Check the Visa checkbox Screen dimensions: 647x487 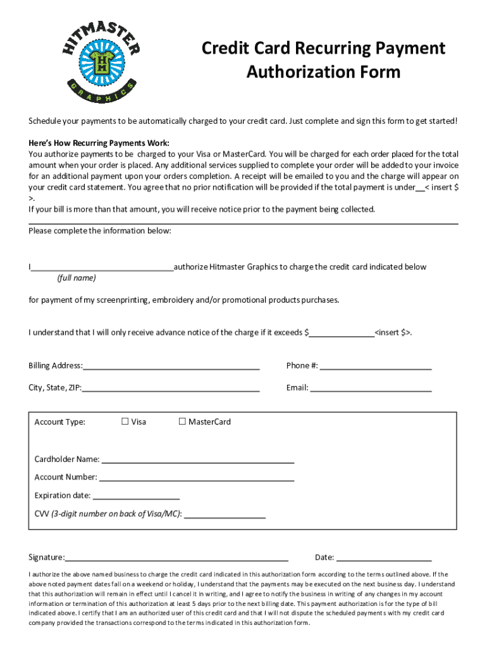(125, 421)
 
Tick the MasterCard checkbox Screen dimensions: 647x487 (182, 421)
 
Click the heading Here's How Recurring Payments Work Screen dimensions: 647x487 (99, 143)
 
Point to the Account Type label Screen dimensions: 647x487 (59, 422)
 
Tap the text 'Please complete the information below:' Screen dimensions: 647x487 (100, 231)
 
